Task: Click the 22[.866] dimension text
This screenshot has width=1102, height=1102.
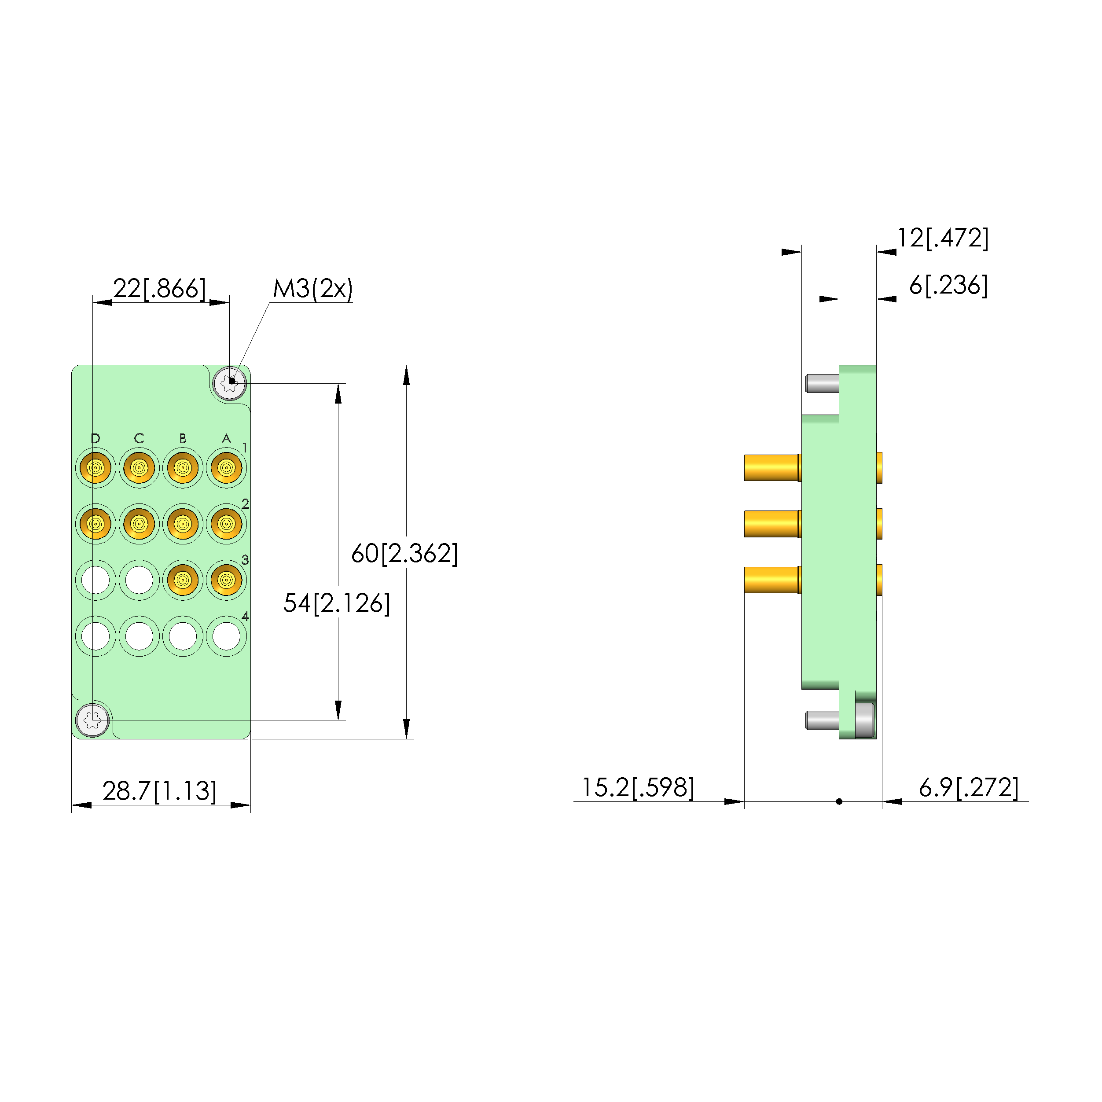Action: point(159,289)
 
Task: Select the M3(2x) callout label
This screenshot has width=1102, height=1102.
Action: point(312,289)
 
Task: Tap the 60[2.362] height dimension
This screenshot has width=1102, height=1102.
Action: point(404,553)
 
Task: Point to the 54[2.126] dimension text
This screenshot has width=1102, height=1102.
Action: point(337,603)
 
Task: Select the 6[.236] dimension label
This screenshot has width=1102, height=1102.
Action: point(948,285)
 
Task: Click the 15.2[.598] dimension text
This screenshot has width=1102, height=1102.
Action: point(638,788)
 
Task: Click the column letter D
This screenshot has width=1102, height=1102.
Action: point(95,438)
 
